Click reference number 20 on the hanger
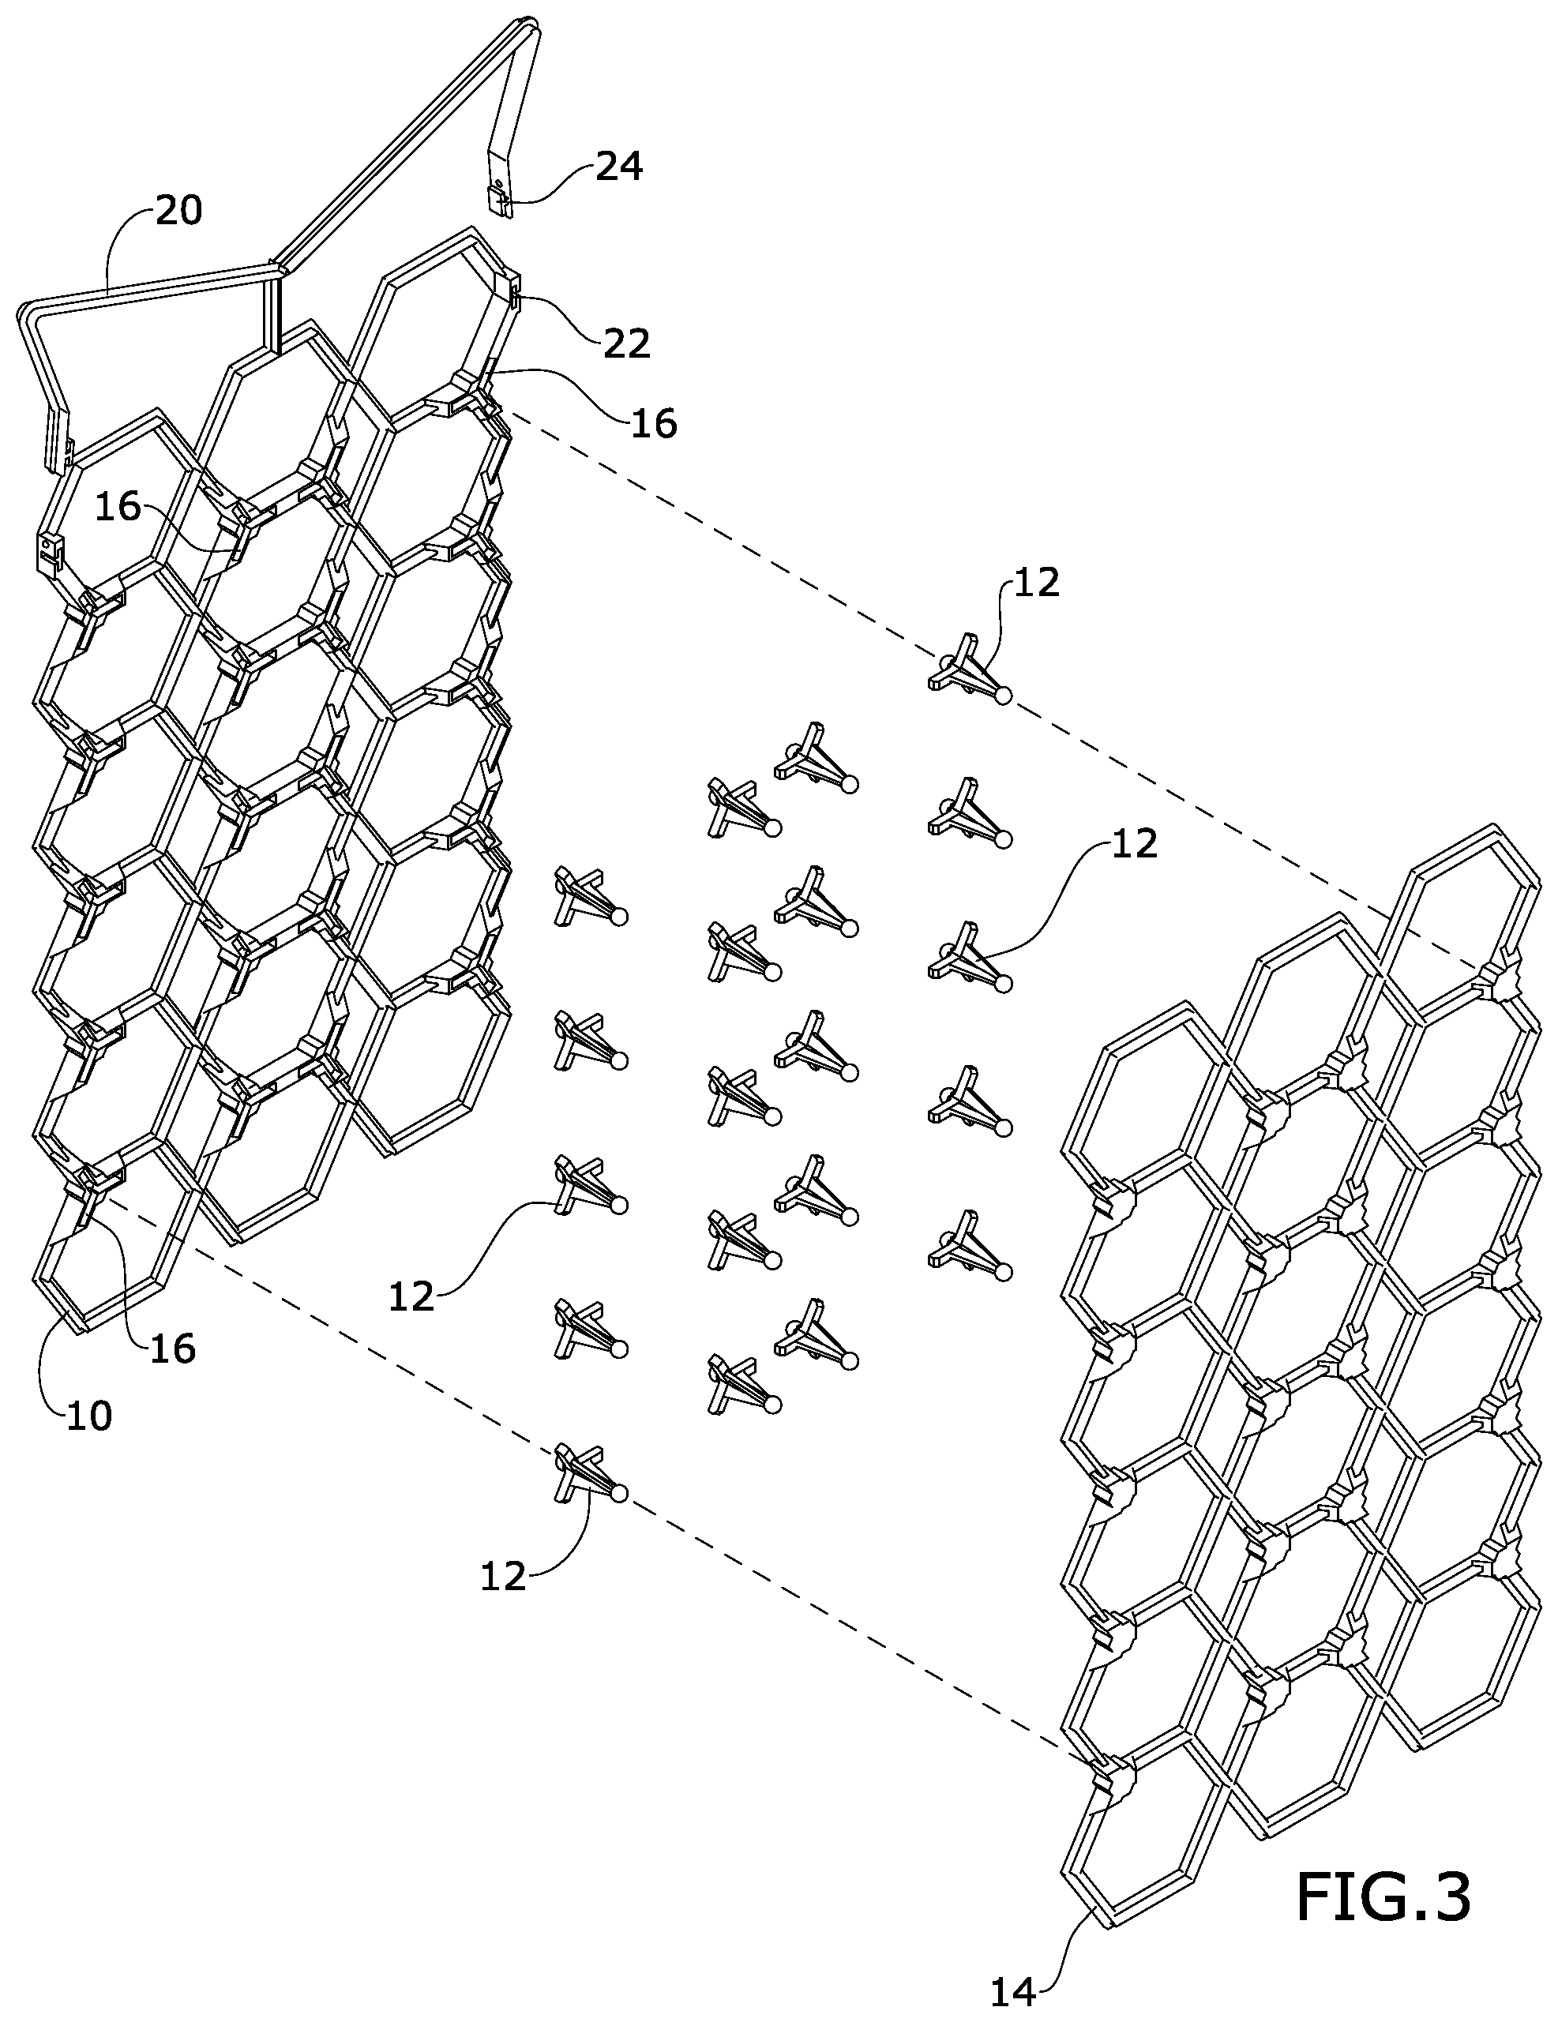pyautogui.click(x=178, y=210)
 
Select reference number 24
pyautogui.click(x=618, y=167)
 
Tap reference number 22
pyautogui.click(x=627, y=343)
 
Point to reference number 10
pyautogui.click(x=89, y=1416)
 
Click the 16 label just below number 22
pyautogui.click(x=654, y=423)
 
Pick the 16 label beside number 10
pyautogui.click(x=172, y=1349)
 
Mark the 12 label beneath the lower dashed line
pyautogui.click(x=503, y=1576)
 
